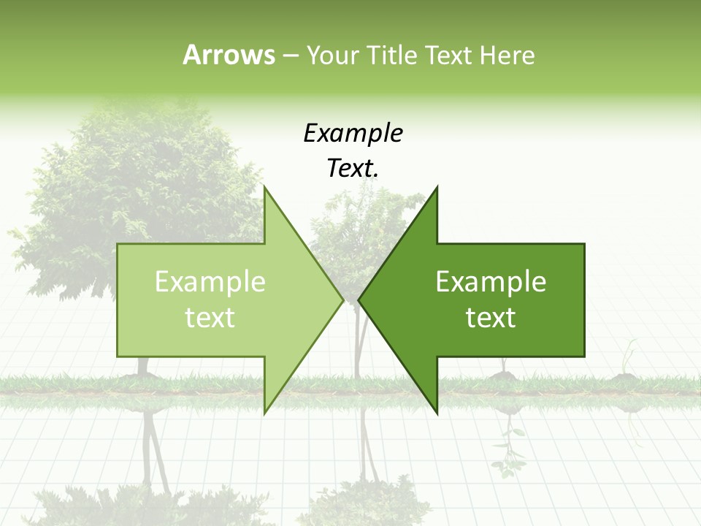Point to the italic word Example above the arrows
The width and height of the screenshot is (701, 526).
[353, 133]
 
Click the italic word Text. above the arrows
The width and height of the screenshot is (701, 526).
[353, 169]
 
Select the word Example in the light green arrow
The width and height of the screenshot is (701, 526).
[210, 282]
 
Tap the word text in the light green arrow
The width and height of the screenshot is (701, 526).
[210, 318]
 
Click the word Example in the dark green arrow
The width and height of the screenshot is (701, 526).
[491, 282]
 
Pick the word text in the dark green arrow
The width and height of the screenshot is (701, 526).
[491, 318]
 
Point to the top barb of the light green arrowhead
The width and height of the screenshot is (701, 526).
[266, 191]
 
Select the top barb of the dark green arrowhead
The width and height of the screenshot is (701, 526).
[435, 191]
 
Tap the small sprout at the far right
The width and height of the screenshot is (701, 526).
[626, 362]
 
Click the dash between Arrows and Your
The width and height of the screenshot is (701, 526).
[290, 56]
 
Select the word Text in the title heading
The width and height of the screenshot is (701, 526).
[448, 55]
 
